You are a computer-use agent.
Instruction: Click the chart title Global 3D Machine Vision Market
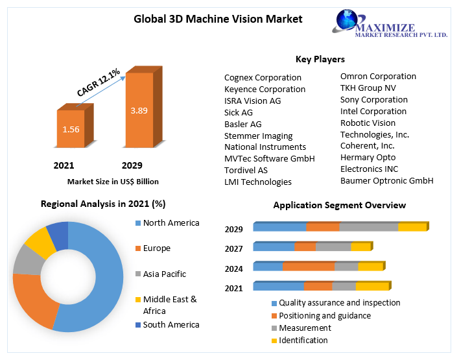coord(218,19)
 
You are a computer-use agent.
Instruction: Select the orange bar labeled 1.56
coord(71,129)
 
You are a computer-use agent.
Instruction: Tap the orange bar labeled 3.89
coord(139,110)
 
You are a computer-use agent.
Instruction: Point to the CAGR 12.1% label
coord(98,82)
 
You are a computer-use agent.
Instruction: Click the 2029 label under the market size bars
coord(132,165)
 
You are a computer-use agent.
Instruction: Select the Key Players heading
coord(320,59)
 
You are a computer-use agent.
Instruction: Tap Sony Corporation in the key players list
coord(373,99)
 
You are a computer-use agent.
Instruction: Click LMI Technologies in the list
coord(257,182)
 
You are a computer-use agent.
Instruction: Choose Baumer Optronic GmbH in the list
coord(386,180)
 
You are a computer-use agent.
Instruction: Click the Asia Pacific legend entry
coord(164,274)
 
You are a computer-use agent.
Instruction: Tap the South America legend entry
coord(171,324)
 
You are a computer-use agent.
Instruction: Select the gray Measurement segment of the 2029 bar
coord(368,227)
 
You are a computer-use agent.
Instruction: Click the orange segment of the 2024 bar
coord(308,267)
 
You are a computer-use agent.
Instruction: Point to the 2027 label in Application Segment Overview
coord(233,248)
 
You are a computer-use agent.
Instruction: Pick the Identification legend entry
coord(303,340)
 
